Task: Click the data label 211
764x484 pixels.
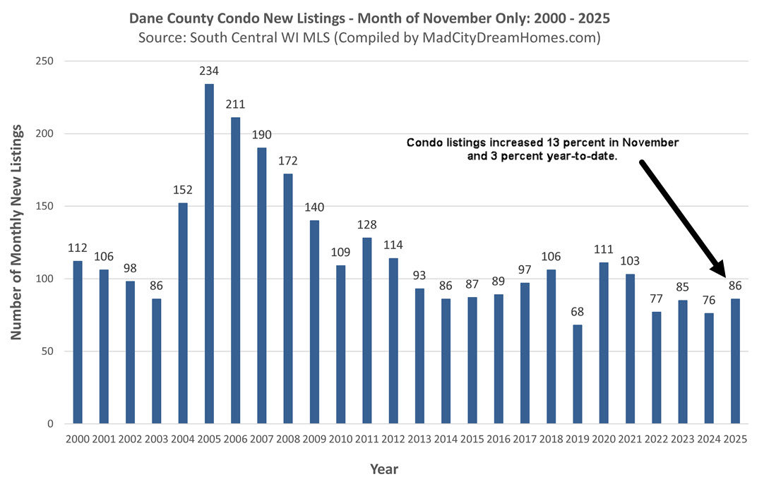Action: click(235, 104)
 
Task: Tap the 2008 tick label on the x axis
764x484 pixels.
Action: click(287, 439)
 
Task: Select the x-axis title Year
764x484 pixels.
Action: click(384, 468)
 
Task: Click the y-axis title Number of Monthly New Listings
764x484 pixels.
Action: click(16, 234)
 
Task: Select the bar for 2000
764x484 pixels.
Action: click(78, 342)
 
